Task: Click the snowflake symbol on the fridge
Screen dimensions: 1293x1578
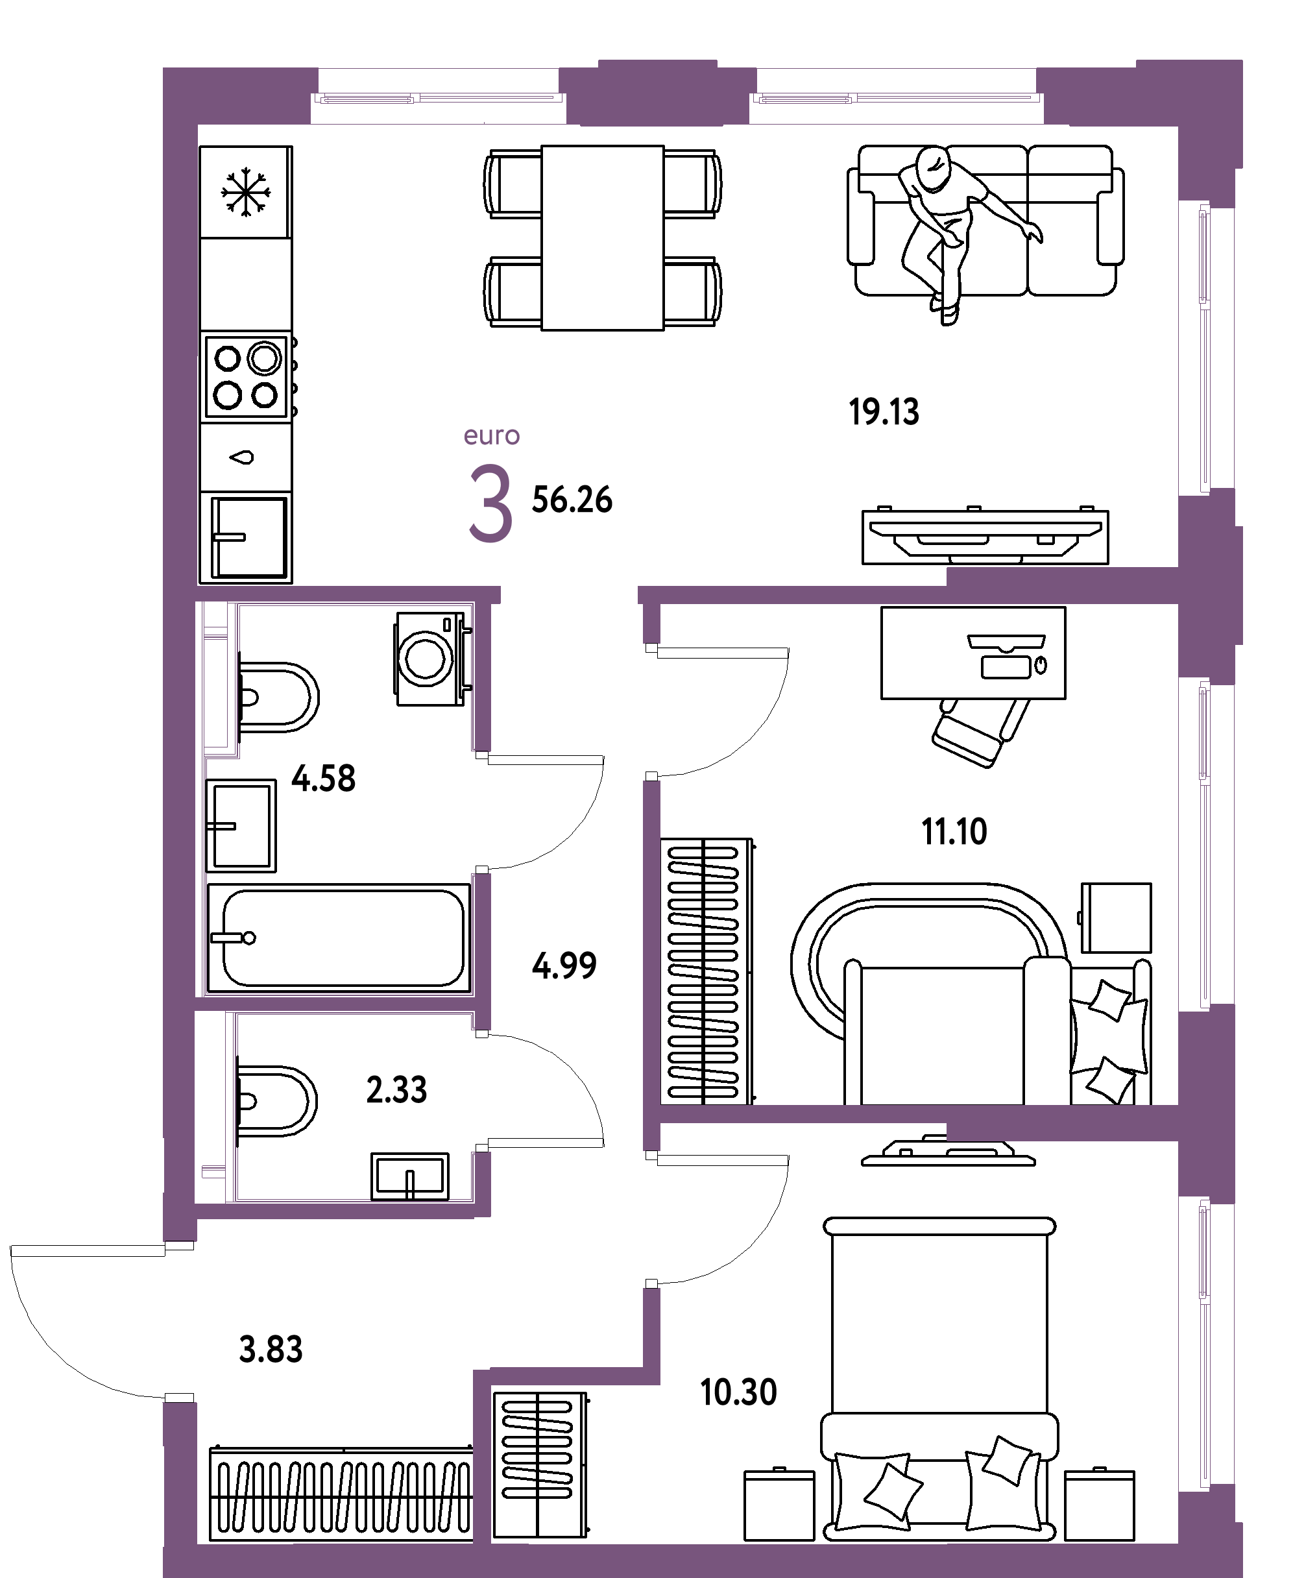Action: [x=245, y=192]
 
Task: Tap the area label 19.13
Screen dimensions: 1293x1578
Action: [x=884, y=413]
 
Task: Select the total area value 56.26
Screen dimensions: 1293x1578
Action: [x=572, y=500]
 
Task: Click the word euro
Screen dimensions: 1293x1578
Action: [x=491, y=435]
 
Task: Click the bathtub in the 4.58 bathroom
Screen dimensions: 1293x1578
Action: [x=339, y=938]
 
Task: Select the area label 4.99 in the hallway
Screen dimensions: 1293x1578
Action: [x=564, y=966]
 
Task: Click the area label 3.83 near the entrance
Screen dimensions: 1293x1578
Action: [x=271, y=1350]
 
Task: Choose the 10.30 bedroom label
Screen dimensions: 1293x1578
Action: [x=738, y=1392]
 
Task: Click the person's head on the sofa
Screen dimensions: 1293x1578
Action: [x=934, y=168]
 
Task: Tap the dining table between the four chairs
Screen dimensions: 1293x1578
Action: [x=602, y=237]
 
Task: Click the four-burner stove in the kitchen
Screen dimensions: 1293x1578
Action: [x=246, y=377]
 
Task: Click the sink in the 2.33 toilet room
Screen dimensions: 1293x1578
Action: [x=409, y=1176]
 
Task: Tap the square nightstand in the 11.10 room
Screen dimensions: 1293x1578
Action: [x=1116, y=917]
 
